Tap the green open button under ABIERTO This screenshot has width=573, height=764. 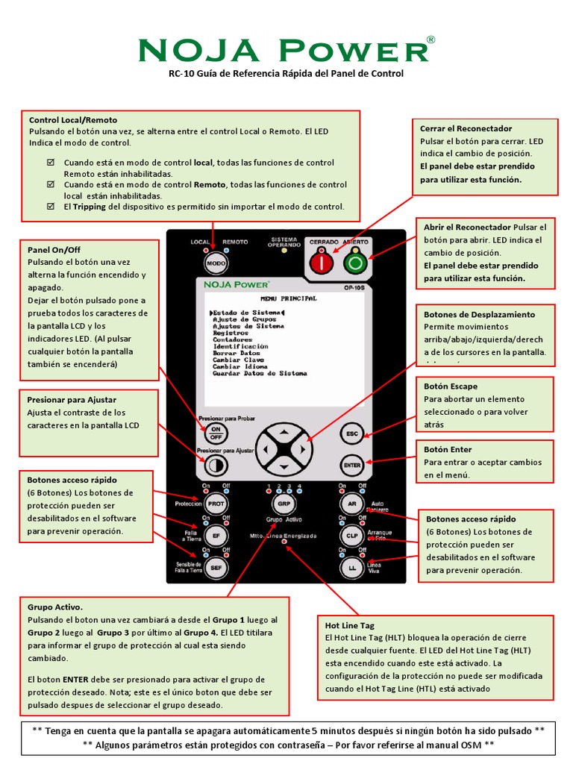pos(355,263)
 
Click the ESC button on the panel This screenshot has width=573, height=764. pos(351,433)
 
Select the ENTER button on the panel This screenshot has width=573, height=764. pos(351,465)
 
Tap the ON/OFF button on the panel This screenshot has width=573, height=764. pos(216,433)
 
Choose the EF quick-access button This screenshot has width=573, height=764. pos(216,536)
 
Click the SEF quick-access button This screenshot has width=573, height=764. pos(216,568)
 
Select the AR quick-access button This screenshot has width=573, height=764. pos(351,504)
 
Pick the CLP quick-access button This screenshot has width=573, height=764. pos(351,536)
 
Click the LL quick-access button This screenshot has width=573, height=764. pos(351,568)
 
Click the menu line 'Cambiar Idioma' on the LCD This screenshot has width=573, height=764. pos(240,367)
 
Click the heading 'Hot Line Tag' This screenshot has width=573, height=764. pos(350,625)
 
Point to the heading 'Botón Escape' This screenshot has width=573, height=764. pos(451,386)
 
